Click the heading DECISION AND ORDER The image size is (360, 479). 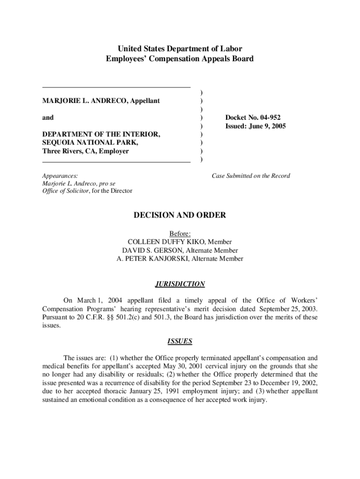point(180,215)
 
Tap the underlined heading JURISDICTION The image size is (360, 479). point(180,284)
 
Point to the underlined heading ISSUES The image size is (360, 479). point(180,341)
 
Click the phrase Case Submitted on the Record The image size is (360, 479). point(251,176)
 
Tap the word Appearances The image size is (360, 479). point(60,176)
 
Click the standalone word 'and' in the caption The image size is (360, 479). point(48,118)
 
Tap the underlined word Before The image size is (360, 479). point(180,233)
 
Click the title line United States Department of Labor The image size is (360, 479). point(180,48)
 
